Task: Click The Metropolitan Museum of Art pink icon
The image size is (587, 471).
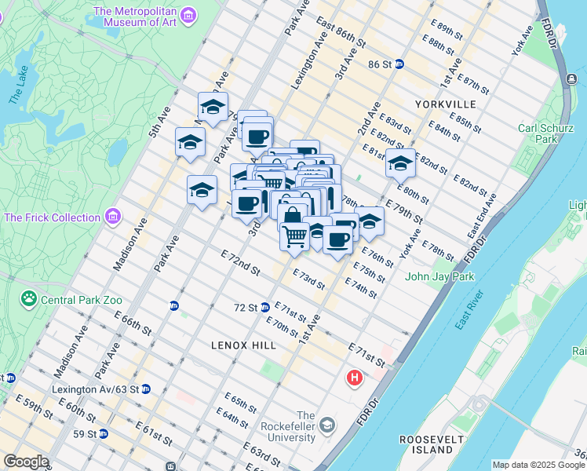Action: [188, 15]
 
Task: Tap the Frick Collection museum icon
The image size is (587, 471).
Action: [114, 216]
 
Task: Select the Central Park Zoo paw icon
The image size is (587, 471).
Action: [29, 299]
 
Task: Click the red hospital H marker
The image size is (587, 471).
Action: [355, 378]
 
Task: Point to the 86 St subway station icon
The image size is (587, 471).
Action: [399, 64]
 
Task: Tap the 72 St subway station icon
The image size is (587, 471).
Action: [265, 307]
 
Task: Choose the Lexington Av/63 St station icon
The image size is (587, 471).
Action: [146, 389]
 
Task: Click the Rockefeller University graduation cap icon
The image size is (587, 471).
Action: [326, 425]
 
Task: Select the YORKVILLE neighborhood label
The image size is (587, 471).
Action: [447, 104]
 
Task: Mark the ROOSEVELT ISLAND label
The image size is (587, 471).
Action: [426, 444]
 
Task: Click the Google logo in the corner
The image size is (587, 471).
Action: [26, 462]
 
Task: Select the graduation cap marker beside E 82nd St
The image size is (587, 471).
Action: [400, 164]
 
